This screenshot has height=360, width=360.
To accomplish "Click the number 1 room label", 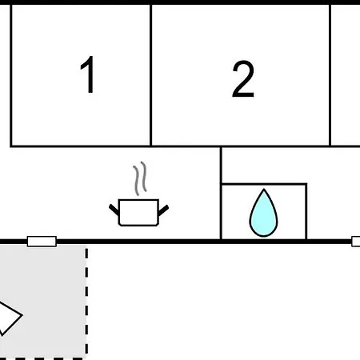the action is point(88,74).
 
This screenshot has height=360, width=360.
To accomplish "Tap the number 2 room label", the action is point(243,79).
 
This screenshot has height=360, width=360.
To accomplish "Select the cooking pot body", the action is point(138,213).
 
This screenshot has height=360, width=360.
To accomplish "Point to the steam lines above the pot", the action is point(140,178).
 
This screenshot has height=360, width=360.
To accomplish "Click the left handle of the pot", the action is point(114,210).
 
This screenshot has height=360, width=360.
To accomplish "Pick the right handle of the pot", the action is point(163,210).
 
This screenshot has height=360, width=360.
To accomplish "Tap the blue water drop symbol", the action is point(263,213).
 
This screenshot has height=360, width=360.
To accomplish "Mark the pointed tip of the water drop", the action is point(264,189).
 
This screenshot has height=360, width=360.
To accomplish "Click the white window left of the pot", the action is point(42,242).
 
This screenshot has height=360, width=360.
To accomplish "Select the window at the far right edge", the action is point(356,242).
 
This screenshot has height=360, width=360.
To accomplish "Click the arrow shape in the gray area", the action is point(10,318).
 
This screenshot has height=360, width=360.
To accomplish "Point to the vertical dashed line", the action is point(86,302).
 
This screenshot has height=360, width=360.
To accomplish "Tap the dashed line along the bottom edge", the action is point(42,358).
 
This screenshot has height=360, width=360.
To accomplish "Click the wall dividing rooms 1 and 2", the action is point(150,75).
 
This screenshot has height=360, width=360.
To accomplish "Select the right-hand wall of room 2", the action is point(330,75).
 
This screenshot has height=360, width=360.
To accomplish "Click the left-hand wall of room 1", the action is point(11,75).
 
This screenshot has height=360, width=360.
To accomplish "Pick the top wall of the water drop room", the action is point(264,184).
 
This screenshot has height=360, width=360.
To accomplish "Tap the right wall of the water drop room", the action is point(306,211).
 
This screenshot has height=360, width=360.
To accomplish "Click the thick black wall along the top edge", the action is point(180,2).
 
